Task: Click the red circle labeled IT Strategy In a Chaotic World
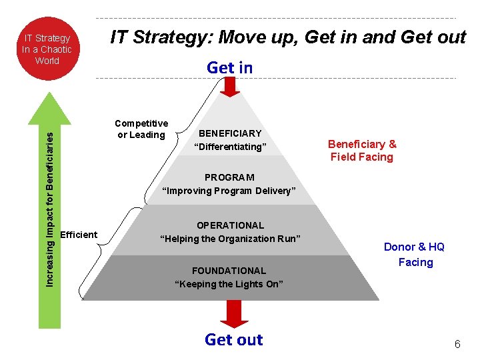[47, 49]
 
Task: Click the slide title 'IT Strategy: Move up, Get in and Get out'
[287, 37]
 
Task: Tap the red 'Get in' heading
[230, 67]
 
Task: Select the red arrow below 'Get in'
[229, 86]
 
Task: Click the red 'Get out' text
[234, 339]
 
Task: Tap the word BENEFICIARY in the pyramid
[230, 133]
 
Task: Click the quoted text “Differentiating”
[230, 147]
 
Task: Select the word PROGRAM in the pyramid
[229, 177]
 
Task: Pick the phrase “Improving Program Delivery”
[229, 191]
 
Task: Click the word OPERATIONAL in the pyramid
[230, 225]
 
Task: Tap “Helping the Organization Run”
[230, 239]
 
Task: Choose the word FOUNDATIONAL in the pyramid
[229, 271]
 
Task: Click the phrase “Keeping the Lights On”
[229, 284]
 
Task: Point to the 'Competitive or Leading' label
[141, 129]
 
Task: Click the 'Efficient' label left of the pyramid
[79, 235]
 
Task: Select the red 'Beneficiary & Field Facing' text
[362, 151]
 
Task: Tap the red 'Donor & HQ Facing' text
[415, 255]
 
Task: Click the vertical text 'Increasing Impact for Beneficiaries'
[49, 207]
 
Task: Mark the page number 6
[457, 345]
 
